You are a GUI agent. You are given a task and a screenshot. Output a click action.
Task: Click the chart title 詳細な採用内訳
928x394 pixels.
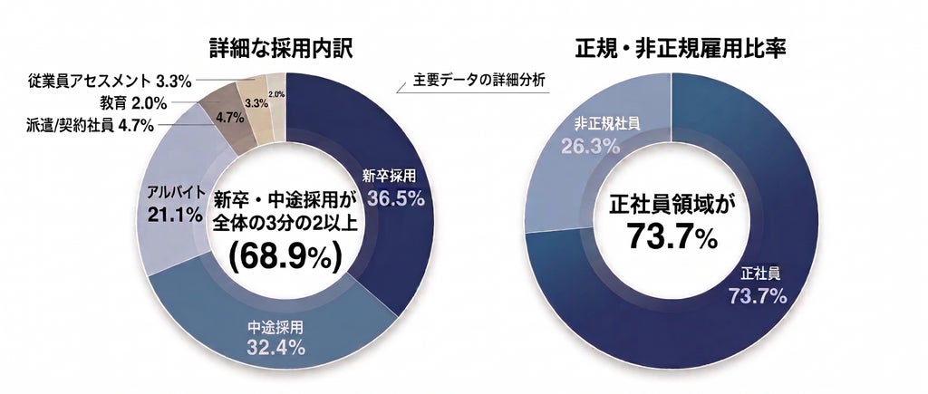click(x=281, y=49)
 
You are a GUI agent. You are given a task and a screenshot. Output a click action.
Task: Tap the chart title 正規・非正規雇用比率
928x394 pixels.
click(x=681, y=49)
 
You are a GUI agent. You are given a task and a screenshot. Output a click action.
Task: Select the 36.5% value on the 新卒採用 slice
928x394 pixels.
click(x=395, y=197)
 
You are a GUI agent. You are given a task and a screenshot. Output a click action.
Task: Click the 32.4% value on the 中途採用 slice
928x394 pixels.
click(x=275, y=347)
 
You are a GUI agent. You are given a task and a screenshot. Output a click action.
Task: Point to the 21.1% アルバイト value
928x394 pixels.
click(x=175, y=216)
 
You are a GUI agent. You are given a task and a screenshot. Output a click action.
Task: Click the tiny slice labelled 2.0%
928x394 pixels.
click(x=276, y=103)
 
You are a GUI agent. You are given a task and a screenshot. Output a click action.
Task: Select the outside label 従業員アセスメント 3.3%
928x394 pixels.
click(x=110, y=81)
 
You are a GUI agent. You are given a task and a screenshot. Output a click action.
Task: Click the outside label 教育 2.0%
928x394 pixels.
click(x=133, y=103)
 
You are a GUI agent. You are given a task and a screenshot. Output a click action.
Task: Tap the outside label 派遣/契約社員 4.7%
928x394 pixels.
click(x=90, y=125)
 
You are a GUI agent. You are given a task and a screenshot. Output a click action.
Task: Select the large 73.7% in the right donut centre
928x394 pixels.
click(x=672, y=236)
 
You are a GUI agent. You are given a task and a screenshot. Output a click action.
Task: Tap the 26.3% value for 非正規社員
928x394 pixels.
click(x=589, y=146)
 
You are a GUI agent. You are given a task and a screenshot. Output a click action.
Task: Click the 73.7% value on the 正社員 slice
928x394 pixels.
click(x=758, y=295)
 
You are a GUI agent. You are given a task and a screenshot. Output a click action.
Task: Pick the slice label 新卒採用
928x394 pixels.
click(x=390, y=175)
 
